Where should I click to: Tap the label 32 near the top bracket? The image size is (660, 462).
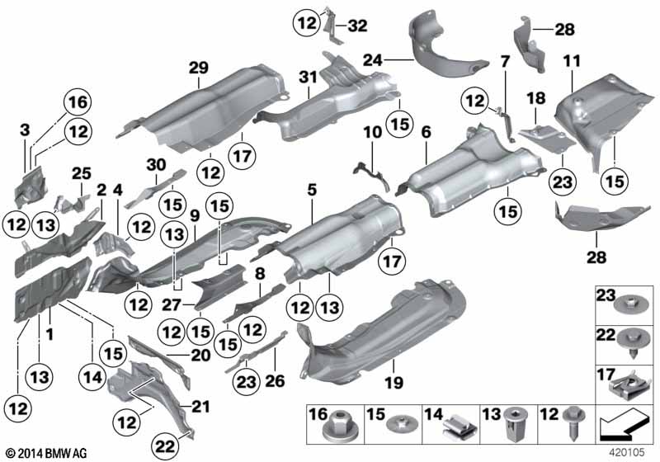click(x=357, y=25)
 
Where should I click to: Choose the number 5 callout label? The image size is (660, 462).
click(x=311, y=190)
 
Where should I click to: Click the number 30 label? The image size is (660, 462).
click(x=156, y=164)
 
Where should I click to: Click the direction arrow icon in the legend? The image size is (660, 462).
click(x=625, y=428)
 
